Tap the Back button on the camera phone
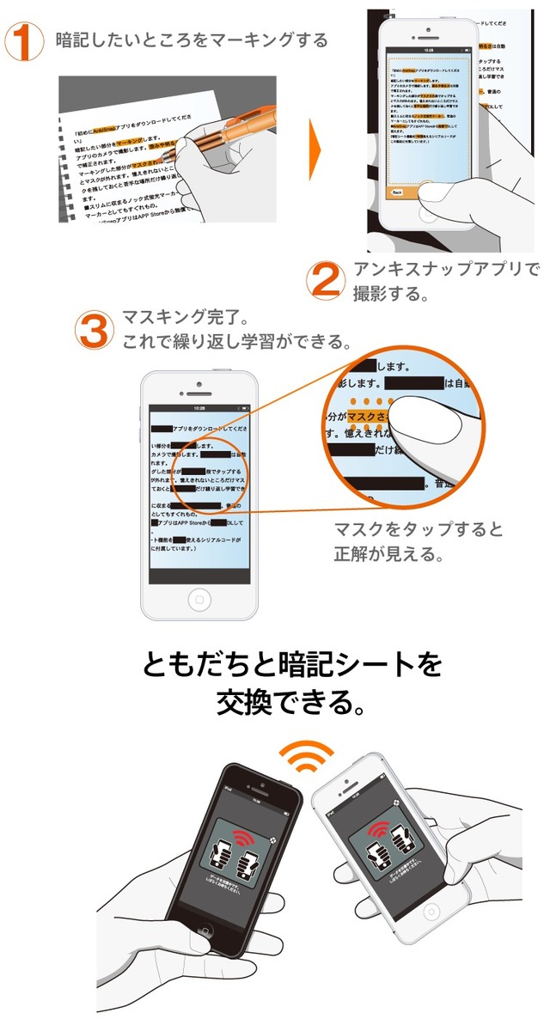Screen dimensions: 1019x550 coord(398,192)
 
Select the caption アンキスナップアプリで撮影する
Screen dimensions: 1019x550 coord(445,281)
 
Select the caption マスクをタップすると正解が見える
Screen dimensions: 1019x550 coord(418,541)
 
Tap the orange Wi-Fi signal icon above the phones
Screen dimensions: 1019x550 coord(308,756)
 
